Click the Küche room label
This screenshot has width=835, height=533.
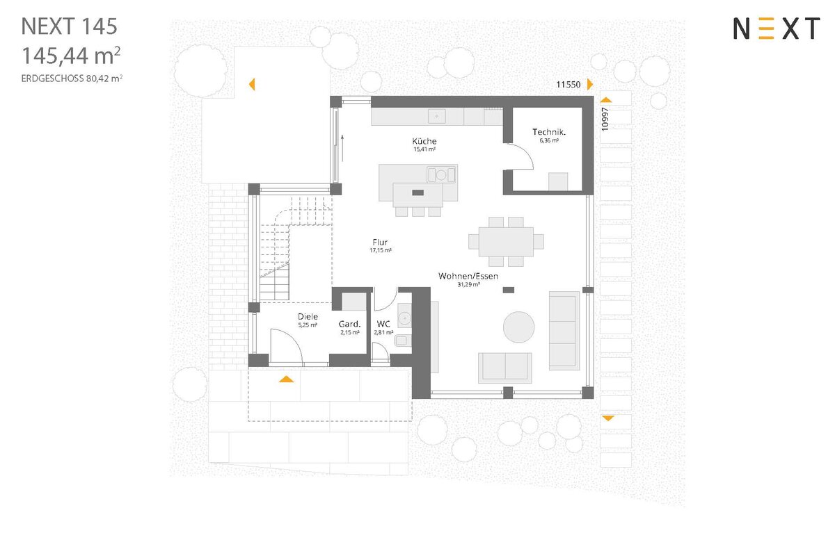coord(424,141)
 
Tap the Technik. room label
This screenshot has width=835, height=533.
coord(549,132)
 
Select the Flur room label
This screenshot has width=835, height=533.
coord(380,243)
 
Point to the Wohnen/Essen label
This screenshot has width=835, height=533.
coord(468,276)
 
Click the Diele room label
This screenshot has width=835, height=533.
coord(308,317)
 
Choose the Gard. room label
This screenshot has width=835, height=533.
coord(349,325)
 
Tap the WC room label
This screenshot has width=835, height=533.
coord(383,324)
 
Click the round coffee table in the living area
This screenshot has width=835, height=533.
coord(518,327)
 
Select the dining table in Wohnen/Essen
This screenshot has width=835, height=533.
coord(506,241)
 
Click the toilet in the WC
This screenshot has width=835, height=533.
coord(403,341)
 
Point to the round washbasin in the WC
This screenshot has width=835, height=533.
coord(404,318)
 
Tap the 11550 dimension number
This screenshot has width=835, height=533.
coord(568,85)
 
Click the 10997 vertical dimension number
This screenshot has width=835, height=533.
coord(605,119)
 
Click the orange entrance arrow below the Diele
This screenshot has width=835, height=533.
coord(286,379)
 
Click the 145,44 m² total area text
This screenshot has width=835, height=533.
coord(71,56)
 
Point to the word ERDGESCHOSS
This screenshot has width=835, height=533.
coord(53,79)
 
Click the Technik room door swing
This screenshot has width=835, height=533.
coord(522,156)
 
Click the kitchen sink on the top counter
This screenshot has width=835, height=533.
coord(436,116)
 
